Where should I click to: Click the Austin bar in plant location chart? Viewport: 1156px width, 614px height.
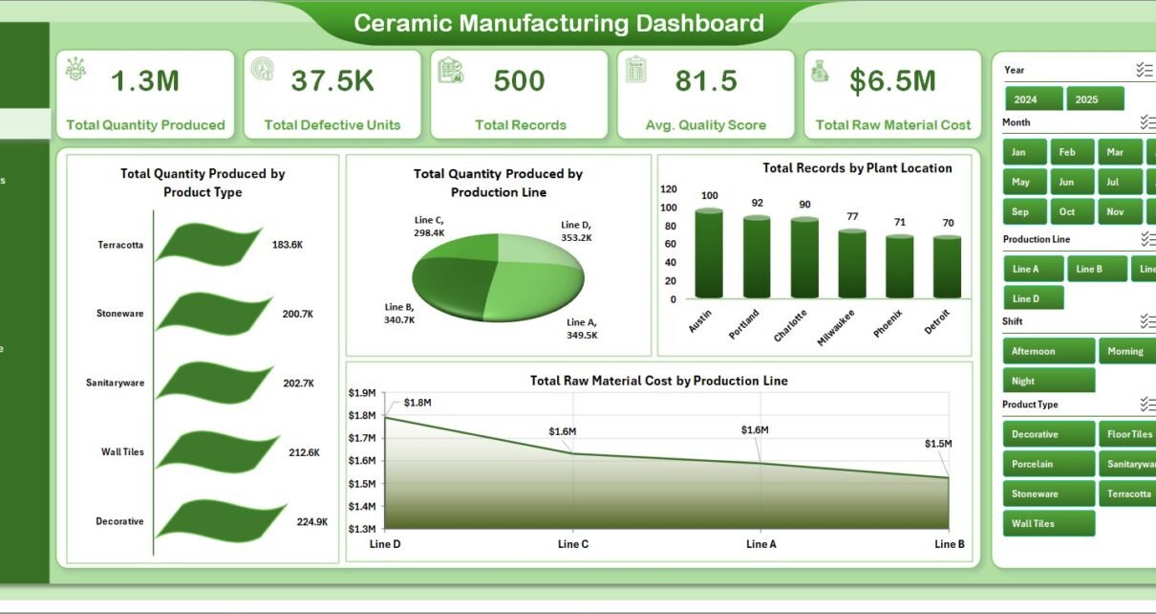[x=708, y=253]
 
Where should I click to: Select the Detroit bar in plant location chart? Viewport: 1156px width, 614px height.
[x=947, y=267]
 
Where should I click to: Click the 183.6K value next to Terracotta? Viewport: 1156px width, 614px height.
[x=288, y=245]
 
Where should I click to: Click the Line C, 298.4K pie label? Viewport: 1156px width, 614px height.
[x=428, y=226]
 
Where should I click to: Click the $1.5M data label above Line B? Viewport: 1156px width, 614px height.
[x=938, y=444]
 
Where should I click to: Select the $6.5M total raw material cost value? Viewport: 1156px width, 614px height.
[x=892, y=82]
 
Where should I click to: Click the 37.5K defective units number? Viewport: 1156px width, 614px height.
[x=332, y=82]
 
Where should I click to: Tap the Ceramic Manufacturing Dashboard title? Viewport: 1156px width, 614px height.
[x=559, y=23]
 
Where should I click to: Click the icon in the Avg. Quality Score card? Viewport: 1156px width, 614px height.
[x=635, y=70]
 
